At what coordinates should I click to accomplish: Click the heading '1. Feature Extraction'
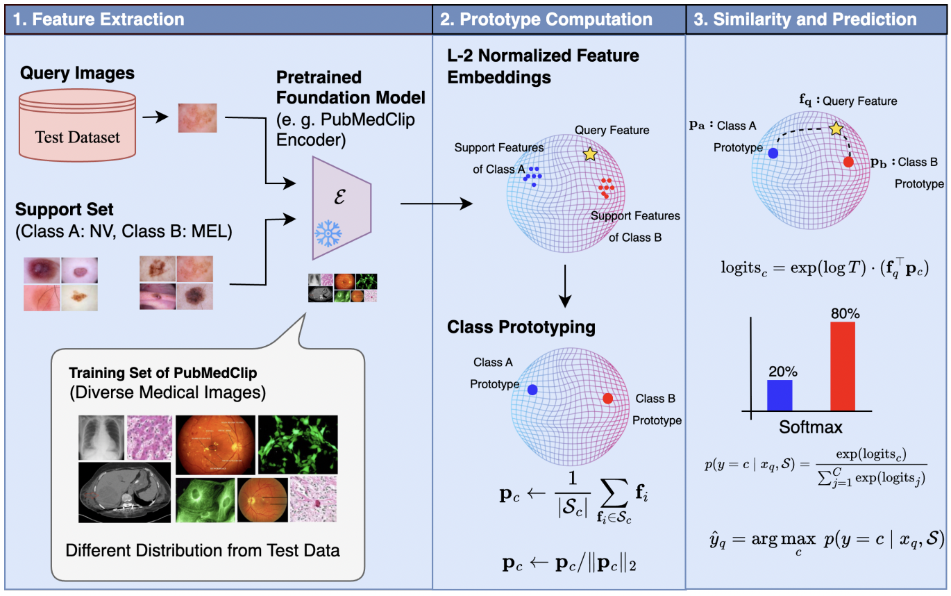point(99,19)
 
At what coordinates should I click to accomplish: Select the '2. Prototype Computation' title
point(548,19)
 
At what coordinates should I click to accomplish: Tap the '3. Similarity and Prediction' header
point(805,19)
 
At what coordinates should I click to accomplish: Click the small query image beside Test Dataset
point(198,117)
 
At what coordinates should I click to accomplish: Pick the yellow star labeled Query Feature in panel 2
point(590,154)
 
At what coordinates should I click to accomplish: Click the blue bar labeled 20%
point(780,394)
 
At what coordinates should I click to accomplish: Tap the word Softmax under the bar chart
point(809,427)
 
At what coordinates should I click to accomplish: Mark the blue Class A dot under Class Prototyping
point(532,390)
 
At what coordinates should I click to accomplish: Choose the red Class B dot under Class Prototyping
point(608,399)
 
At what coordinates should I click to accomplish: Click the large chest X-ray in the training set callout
point(101,438)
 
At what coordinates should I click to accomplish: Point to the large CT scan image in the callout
point(126,492)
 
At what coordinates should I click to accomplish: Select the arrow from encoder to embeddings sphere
point(437,204)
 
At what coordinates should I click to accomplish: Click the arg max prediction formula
point(823,540)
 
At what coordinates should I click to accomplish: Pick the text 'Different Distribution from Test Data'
point(203,551)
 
